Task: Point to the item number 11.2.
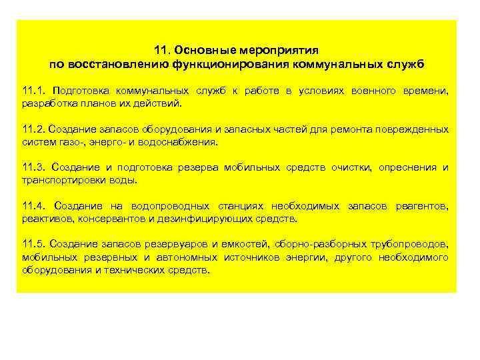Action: pyautogui.click(x=33, y=129)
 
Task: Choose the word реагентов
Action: pyautogui.click(x=421, y=206)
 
